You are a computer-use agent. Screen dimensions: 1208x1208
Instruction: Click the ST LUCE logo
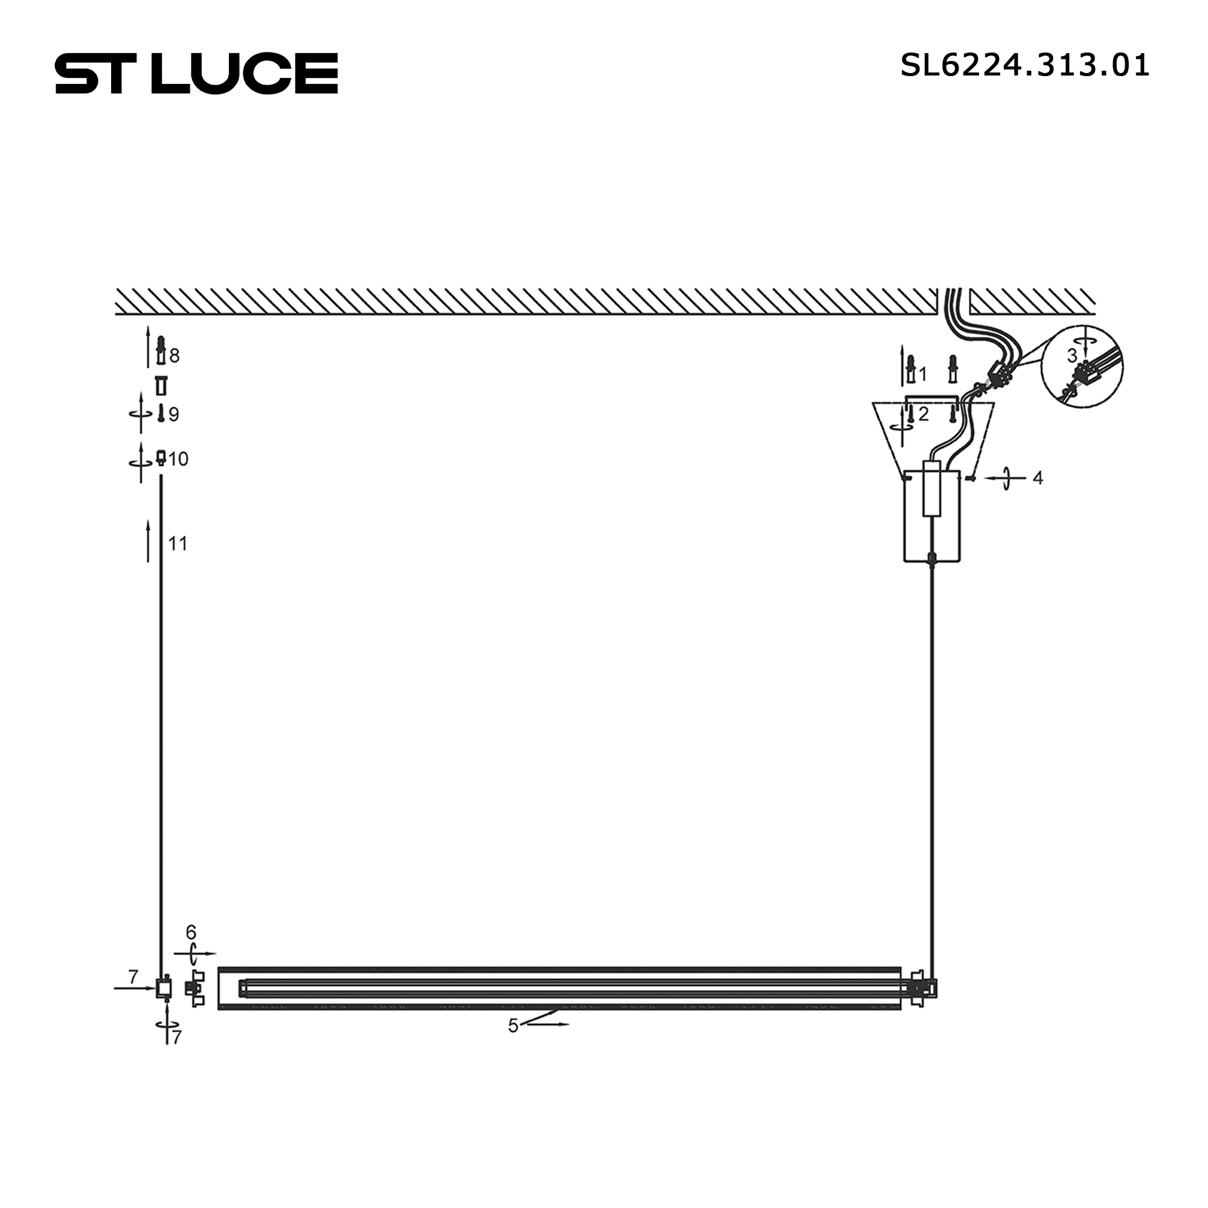196,74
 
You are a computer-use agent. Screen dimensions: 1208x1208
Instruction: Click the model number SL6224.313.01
1024,66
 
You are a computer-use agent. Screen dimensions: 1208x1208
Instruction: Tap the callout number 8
175,356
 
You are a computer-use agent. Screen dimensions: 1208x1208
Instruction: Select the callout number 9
174,414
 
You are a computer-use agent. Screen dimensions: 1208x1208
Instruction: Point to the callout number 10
178,459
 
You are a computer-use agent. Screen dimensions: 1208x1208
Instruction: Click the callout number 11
178,544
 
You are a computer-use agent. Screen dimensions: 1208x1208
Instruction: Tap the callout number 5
513,1026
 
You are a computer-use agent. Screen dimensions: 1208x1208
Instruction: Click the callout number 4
1038,478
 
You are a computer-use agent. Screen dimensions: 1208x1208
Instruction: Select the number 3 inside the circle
1072,356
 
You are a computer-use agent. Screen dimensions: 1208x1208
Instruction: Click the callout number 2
924,414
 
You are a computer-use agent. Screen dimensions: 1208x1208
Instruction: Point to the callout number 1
923,374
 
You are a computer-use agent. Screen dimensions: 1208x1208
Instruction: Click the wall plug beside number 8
161,351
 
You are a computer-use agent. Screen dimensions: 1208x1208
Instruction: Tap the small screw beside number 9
161,413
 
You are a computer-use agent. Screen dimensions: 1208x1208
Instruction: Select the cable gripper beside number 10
161,458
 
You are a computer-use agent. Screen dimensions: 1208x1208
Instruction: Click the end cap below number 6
194,988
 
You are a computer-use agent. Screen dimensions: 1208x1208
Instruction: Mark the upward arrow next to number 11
148,541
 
